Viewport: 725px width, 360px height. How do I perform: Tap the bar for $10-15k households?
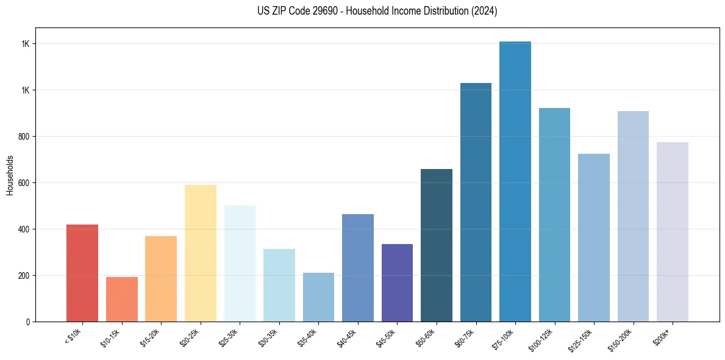(x=121, y=299)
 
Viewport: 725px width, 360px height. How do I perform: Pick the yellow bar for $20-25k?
(x=200, y=253)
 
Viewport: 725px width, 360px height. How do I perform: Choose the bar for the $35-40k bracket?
(x=318, y=297)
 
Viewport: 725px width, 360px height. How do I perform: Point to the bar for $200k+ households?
(x=672, y=232)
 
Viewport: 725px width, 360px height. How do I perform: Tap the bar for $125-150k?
(x=593, y=237)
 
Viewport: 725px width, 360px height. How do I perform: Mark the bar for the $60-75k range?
(x=476, y=202)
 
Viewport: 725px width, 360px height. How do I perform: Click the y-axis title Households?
(x=10, y=175)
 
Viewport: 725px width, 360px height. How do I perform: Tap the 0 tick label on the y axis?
(x=28, y=322)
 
